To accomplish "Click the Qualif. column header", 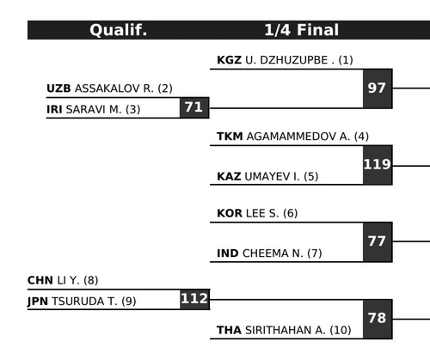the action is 118,30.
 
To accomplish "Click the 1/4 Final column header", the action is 301,30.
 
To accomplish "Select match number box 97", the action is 378,88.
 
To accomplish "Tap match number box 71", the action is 194,107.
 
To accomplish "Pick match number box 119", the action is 378,165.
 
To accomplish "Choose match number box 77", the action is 378,241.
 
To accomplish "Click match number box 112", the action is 195,299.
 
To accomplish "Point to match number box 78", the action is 378,319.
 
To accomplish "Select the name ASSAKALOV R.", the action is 114,88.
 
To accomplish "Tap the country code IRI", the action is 54,109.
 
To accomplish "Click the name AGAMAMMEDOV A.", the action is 298,137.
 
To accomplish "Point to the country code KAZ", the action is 229,176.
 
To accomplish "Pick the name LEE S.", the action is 262,213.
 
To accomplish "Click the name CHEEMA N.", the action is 273,253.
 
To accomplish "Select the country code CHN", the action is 40,280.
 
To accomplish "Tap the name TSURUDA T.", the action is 84,302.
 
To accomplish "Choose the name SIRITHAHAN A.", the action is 286,330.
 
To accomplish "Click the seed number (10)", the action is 341,330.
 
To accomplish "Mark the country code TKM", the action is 230,137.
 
